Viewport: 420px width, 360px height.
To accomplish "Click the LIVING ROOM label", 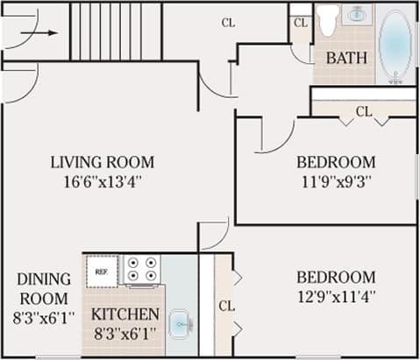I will pos(102,162).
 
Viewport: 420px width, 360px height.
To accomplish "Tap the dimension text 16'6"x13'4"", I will pos(102,182).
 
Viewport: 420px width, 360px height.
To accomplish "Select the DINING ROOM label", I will pos(43,288).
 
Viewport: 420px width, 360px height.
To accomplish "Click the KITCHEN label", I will pos(125,314).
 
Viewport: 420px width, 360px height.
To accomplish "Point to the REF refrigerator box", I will pos(102,272).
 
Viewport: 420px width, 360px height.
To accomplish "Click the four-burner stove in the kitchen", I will pos(142,269).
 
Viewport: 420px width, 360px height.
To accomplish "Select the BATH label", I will pos(346,59).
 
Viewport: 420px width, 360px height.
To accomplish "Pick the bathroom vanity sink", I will pos(358,15).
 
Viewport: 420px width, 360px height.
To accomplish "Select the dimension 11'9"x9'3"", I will pos(336,182).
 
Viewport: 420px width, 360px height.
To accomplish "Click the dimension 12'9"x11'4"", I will pos(336,297).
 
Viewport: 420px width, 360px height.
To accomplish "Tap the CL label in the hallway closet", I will pos(228,23).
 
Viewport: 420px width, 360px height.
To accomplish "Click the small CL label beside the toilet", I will pos(301,23).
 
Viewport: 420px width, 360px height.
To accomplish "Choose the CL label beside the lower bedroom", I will pos(226,306).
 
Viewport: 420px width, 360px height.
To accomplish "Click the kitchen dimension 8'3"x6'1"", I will pos(125,334).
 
